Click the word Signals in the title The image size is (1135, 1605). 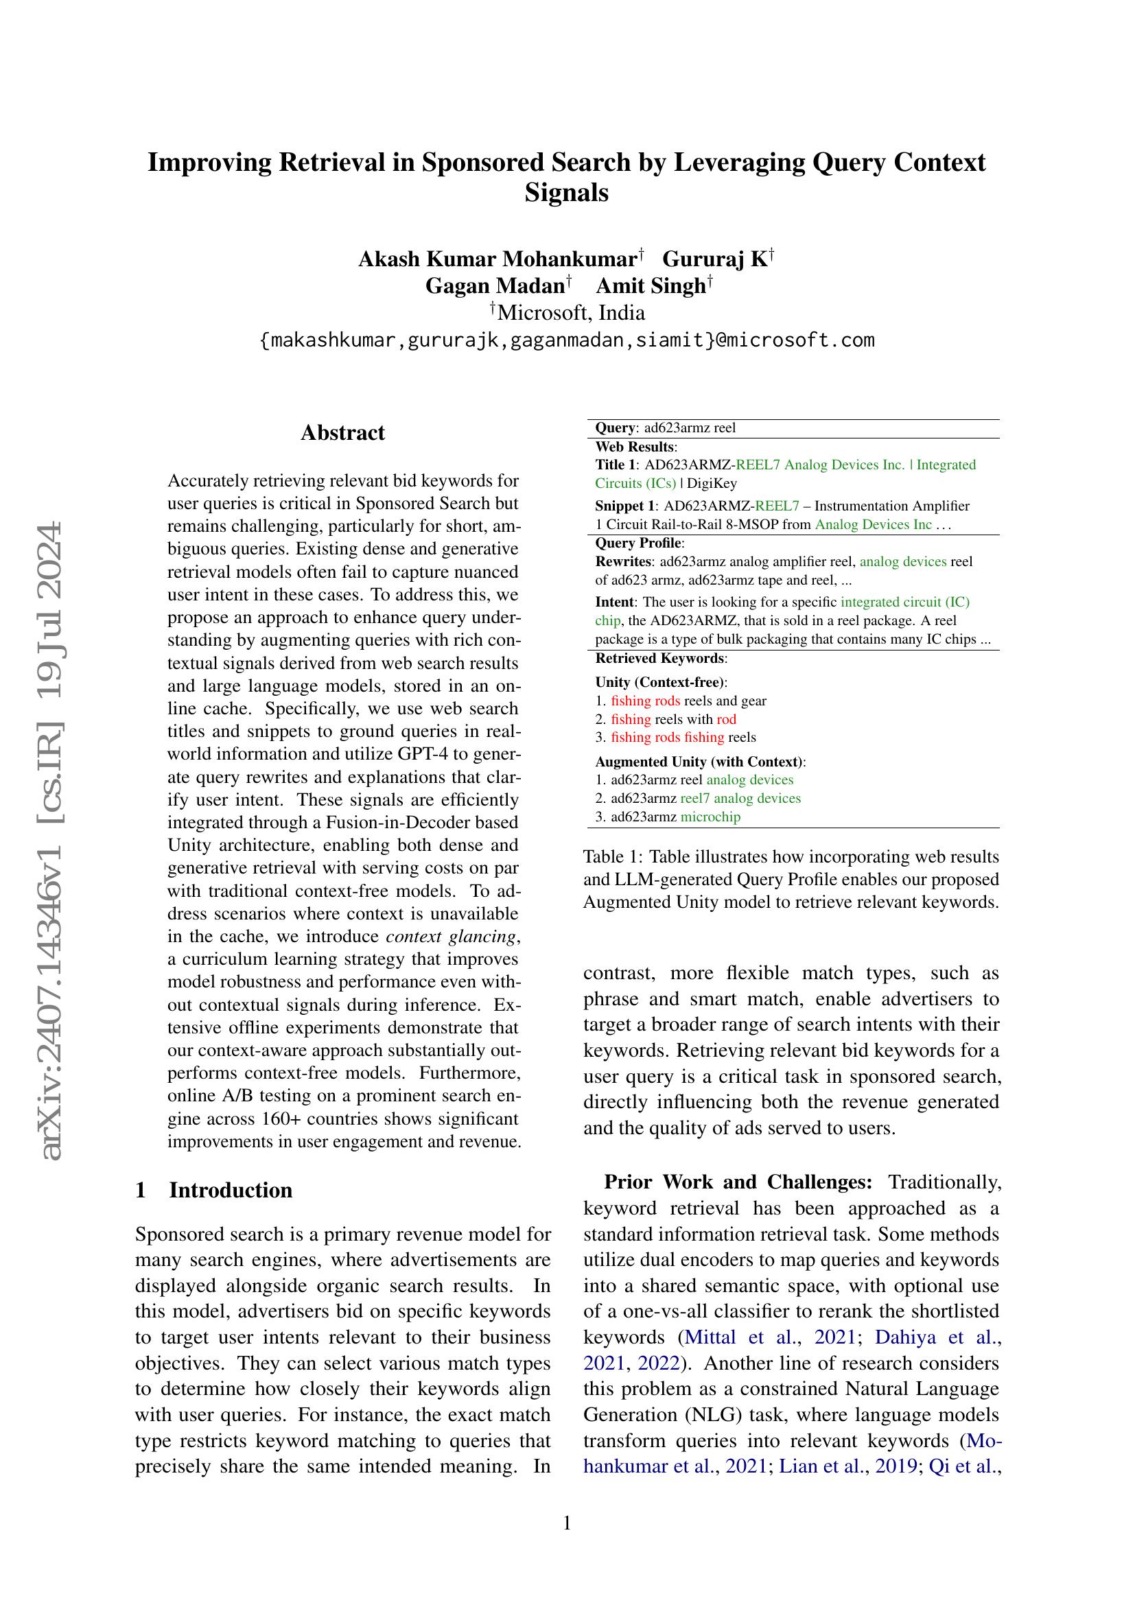tap(566, 192)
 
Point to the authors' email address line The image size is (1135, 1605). tap(567, 340)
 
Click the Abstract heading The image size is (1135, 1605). tap(342, 433)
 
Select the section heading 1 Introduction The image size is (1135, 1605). tap(214, 1190)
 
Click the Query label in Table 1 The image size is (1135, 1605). tap(616, 427)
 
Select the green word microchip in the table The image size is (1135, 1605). tap(710, 817)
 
